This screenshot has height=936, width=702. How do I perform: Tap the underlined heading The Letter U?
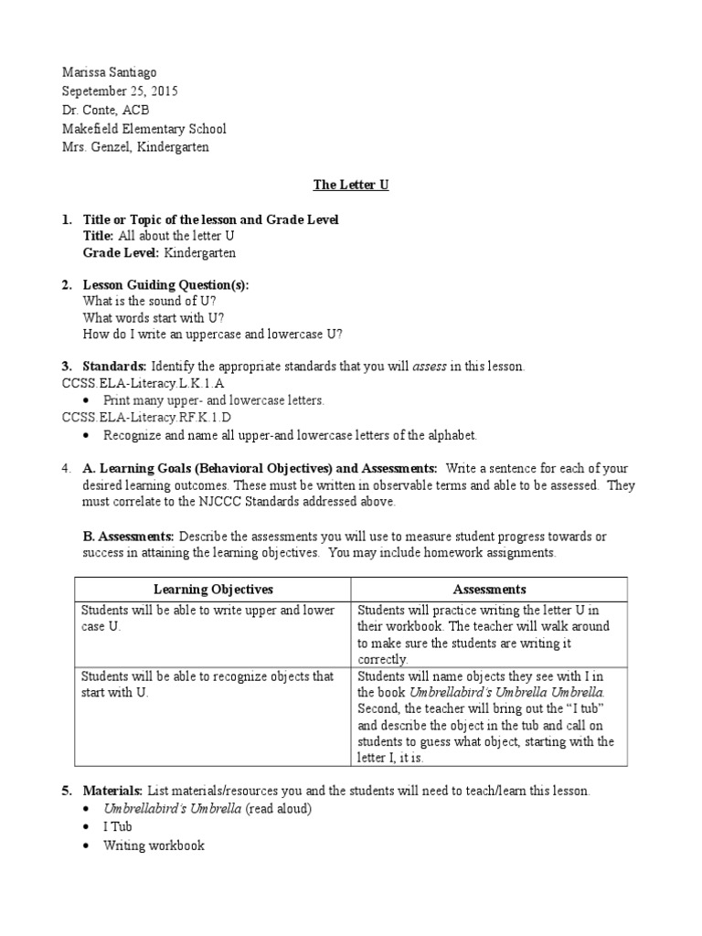point(351,184)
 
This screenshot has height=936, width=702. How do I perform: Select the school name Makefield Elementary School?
point(144,129)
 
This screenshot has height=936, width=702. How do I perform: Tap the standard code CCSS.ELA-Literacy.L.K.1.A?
point(143,383)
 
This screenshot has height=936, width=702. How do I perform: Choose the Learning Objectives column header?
point(213,590)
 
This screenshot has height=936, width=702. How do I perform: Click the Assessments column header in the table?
point(489,590)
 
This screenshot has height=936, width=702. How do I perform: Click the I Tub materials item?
point(118,826)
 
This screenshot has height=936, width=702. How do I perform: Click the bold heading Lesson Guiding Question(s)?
point(165,284)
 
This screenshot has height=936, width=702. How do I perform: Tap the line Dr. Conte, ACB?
point(105,110)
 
